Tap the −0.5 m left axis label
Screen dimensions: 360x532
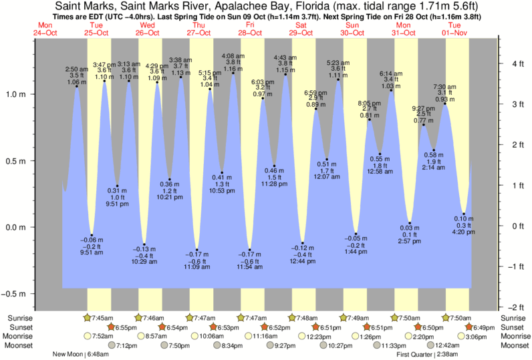pos(15,294)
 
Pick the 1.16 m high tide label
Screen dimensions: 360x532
pos(233,69)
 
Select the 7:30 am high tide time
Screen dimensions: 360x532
pos(445,87)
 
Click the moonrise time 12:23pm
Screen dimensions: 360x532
pos(319,337)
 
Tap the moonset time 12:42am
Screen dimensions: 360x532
pos(448,346)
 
